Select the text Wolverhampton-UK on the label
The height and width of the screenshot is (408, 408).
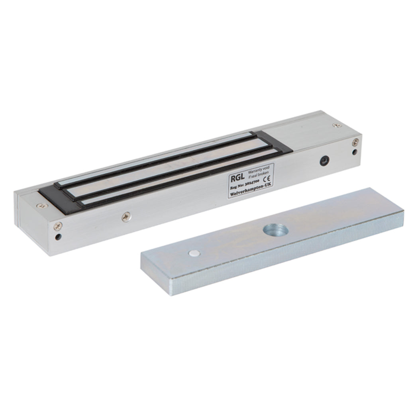click(x=249, y=192)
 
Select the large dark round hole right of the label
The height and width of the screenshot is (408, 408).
click(x=325, y=161)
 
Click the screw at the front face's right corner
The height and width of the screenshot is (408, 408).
click(x=355, y=141)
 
